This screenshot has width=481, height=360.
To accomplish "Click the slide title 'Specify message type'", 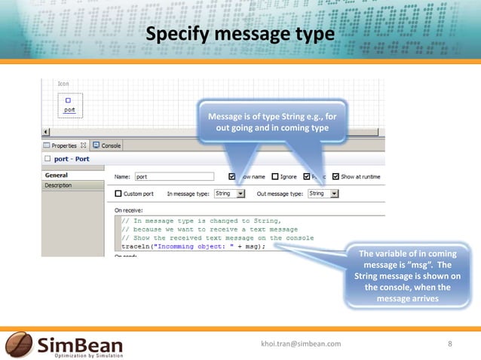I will [x=240, y=35].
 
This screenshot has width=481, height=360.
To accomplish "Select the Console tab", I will [x=110, y=145].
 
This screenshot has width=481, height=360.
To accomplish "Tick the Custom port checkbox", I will [x=118, y=194].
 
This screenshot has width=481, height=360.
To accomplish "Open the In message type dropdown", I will [x=241, y=194].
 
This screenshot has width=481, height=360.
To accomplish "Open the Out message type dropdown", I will [x=335, y=194].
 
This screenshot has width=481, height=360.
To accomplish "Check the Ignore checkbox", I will [x=274, y=177].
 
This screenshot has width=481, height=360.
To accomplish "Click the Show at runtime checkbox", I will [x=336, y=177].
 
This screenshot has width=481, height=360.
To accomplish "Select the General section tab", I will [x=57, y=175].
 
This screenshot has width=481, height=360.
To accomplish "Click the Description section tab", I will [x=59, y=185].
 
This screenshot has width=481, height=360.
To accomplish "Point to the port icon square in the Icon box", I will [x=68, y=99].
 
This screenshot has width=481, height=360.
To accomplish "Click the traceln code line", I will [x=194, y=246].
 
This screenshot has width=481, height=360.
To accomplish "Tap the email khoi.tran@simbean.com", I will [x=301, y=343].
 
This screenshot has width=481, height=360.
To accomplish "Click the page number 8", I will [x=450, y=343].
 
